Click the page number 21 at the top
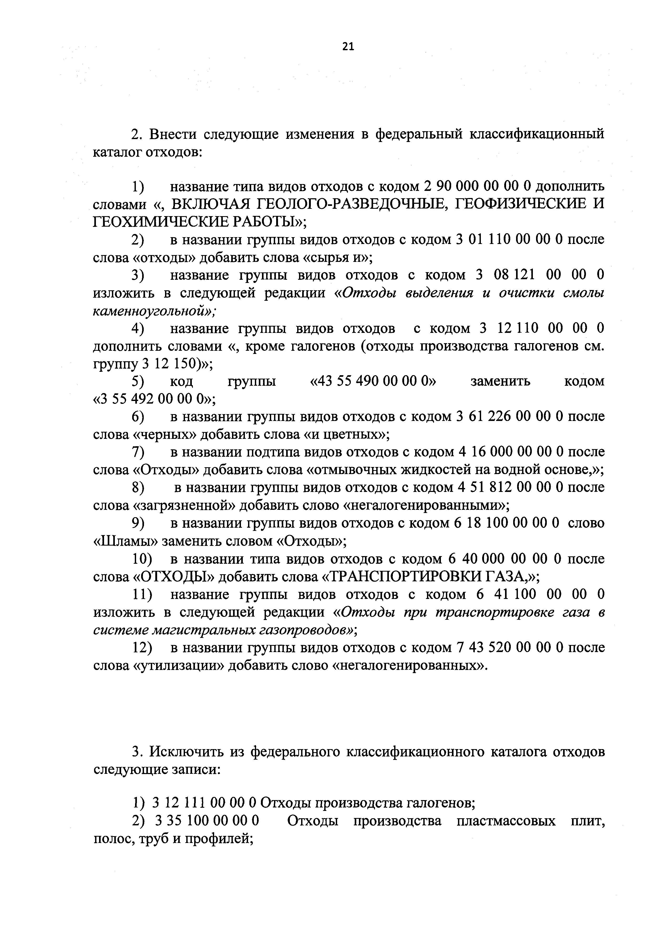348,47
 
